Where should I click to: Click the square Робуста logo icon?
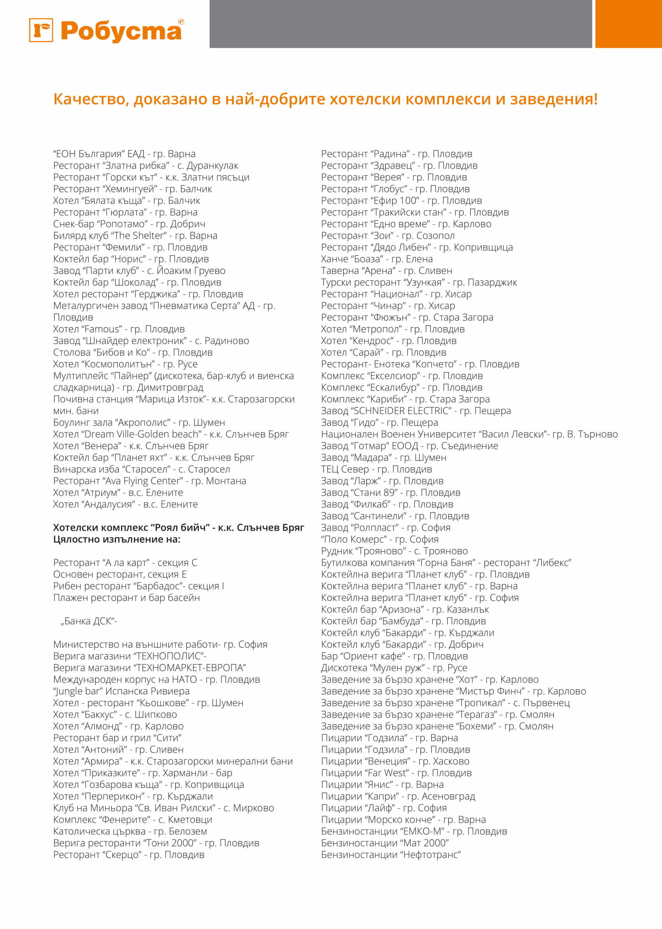pyautogui.click(x=41, y=30)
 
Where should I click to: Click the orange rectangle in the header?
pyautogui.click(x=628, y=24)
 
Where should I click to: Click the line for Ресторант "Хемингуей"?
pyautogui.click(x=132, y=189)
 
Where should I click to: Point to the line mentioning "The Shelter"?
pyautogui.click(x=135, y=235)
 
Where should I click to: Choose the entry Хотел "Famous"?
pyautogui.click(x=119, y=329)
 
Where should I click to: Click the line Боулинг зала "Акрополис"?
pyautogui.click(x=139, y=422)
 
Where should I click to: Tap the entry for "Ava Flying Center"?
pyautogui.click(x=149, y=481)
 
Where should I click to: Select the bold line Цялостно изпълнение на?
pyautogui.click(x=117, y=539)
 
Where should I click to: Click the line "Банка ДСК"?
pyautogui.click(x=89, y=621)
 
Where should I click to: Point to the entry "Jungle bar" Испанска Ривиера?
pyautogui.click(x=121, y=691)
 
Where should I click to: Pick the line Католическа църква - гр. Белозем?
pyautogui.click(x=130, y=831)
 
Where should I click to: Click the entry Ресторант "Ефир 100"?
pyautogui.click(x=401, y=201)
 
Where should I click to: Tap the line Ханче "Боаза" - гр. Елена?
pyautogui.click(x=377, y=259)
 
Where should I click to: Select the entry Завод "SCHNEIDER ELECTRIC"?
pyautogui.click(x=416, y=411)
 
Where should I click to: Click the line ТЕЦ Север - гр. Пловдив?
pyautogui.click(x=376, y=469)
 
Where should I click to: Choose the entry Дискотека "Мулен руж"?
pyautogui.click(x=394, y=668)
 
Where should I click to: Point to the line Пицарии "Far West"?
pyautogui.click(x=396, y=773)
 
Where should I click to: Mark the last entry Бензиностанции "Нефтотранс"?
pyautogui.click(x=390, y=854)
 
